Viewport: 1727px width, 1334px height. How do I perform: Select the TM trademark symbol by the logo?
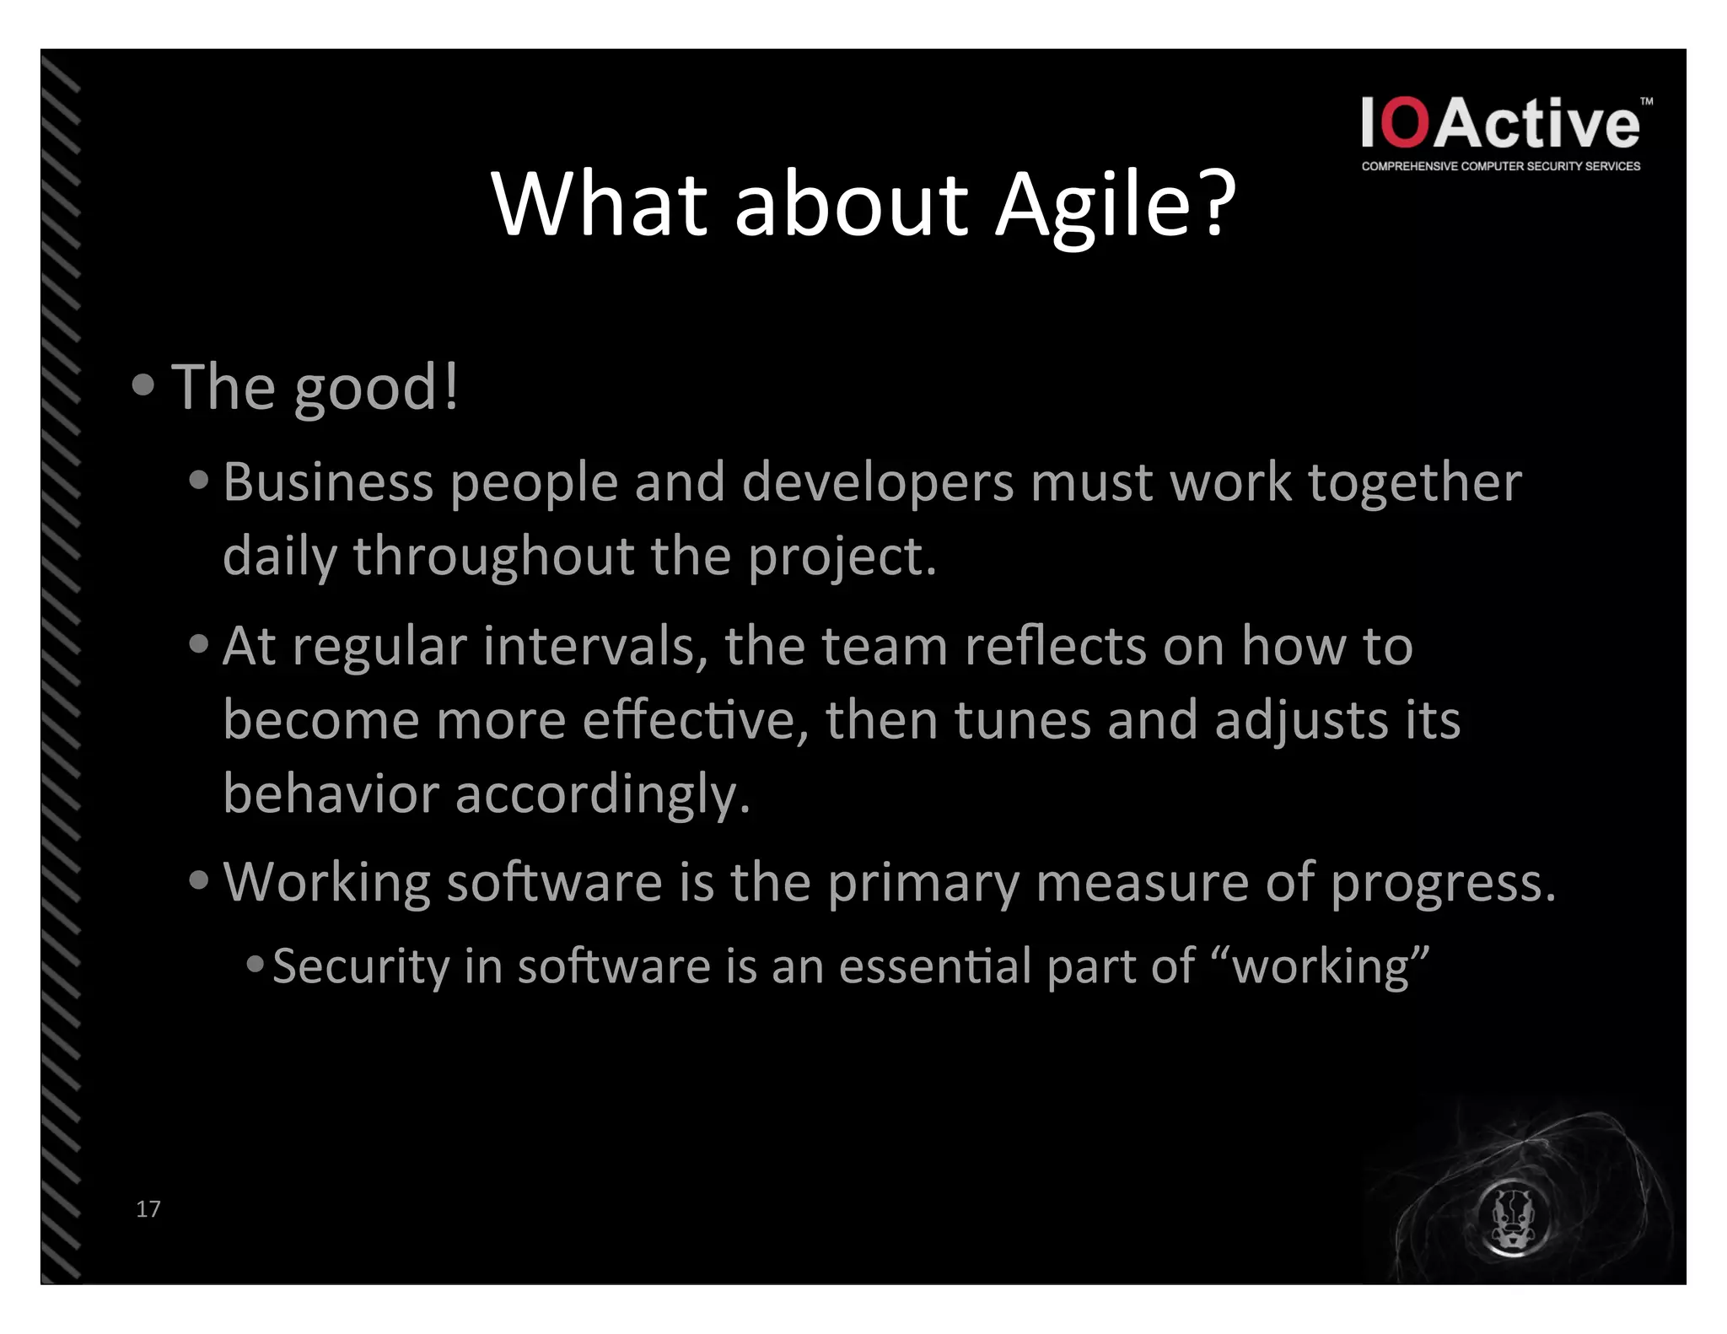coord(1646,101)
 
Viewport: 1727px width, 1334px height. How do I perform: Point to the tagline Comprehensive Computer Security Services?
coord(1500,166)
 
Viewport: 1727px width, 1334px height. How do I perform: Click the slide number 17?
coord(148,1208)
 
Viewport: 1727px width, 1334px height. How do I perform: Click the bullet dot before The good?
coord(143,385)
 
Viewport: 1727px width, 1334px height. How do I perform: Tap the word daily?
coord(279,557)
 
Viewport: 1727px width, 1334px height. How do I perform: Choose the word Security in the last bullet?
coord(361,966)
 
